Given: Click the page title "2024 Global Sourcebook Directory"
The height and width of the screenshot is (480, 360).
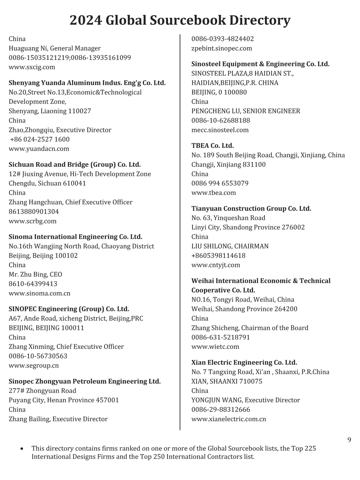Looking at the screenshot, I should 180,20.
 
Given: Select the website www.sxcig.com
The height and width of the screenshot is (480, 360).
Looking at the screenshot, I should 32,67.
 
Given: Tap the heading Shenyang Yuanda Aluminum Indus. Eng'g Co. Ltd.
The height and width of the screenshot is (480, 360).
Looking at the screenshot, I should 87,82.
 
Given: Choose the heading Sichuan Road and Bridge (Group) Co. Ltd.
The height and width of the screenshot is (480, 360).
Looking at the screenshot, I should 75,164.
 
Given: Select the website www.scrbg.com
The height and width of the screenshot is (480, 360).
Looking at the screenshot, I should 32,221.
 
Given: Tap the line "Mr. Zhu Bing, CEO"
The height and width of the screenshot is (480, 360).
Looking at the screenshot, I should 35,274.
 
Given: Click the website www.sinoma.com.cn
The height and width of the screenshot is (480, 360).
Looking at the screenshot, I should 39,293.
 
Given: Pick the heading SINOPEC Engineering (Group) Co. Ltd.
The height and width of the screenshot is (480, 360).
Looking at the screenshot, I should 69,309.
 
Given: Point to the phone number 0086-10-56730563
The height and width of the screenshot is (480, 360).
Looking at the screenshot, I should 38,356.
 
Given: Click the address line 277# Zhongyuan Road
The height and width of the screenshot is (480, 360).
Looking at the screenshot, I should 42,391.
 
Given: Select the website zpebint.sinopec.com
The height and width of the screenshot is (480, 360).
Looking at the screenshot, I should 222,48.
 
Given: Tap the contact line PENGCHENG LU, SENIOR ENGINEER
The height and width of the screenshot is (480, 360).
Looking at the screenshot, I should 246,111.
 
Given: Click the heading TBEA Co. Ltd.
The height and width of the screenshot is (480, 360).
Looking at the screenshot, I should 212,145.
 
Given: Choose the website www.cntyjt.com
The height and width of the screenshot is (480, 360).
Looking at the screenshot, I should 216,265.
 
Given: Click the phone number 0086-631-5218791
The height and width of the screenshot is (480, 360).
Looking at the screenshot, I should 220,337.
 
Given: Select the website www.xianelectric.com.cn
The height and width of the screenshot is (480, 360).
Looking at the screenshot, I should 229,419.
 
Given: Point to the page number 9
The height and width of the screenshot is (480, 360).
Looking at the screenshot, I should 349,440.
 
